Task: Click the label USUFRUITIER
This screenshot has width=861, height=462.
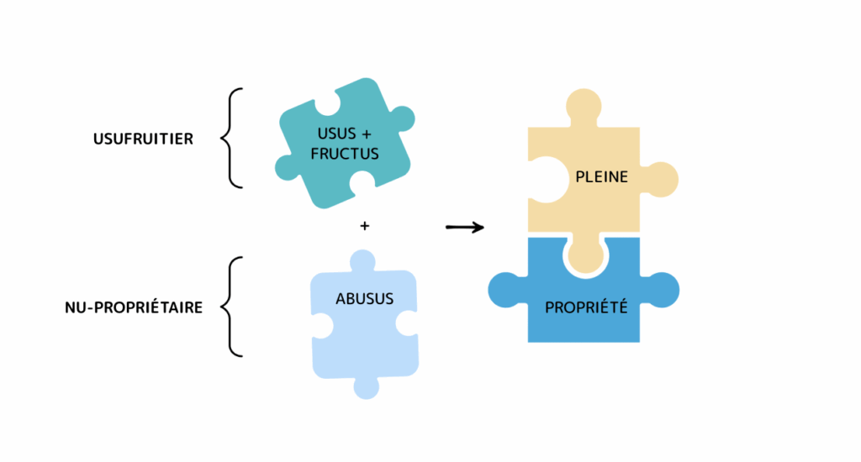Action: [143, 139]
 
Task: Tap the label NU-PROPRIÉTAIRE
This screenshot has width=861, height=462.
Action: [134, 307]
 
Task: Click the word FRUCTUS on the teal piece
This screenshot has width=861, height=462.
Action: [345, 154]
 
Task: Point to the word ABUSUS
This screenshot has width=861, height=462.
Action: [364, 299]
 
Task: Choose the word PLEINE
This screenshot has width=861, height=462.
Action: [602, 178]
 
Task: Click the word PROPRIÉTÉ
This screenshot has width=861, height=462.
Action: [586, 307]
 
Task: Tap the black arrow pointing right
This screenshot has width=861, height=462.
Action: [465, 226]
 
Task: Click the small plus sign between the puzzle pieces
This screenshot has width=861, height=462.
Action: [364, 225]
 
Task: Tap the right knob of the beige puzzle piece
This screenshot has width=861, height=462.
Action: [662, 178]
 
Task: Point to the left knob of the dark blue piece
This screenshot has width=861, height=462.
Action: [505, 289]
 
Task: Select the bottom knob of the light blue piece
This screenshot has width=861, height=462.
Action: [365, 387]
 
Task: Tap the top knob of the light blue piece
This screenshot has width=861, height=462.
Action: [362, 261]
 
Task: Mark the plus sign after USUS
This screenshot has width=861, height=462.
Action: [366, 134]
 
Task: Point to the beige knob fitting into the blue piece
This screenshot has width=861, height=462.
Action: [584, 253]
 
